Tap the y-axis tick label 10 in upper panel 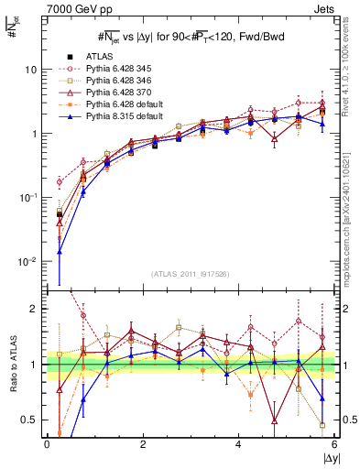pos(31,70)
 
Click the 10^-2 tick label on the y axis pos(27,262)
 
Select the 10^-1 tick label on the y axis pos(27,198)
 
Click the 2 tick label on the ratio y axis pos(35,309)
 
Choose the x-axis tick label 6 pos(335,443)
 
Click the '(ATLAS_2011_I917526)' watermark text pos(191,275)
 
